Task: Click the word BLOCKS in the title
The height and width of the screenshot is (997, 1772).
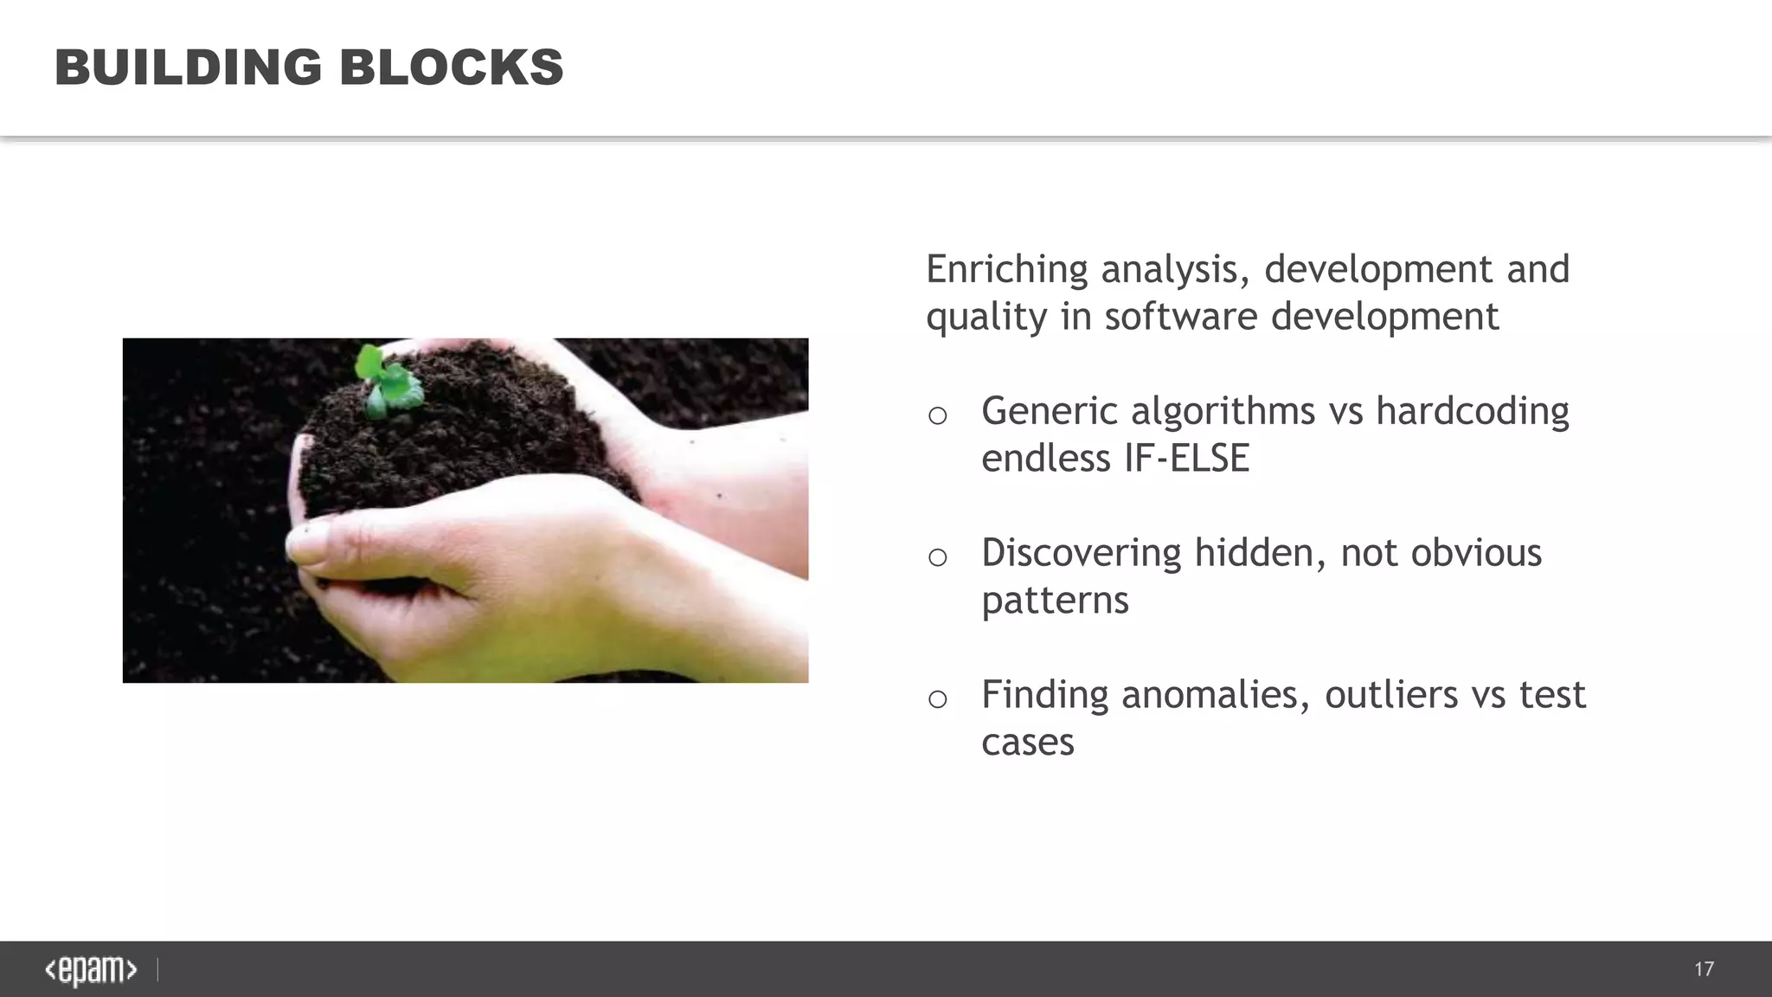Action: tap(451, 68)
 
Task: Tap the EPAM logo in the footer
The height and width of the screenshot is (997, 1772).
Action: tap(91, 970)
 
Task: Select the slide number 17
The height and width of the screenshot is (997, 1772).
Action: tap(1704, 969)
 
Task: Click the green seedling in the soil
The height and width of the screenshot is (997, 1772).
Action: tap(388, 382)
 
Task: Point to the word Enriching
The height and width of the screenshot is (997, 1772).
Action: tap(1006, 270)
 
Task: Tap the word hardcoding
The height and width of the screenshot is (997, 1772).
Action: tap(1472, 411)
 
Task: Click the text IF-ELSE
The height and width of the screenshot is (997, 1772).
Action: tap(1187, 459)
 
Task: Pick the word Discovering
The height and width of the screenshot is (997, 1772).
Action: tap(1081, 553)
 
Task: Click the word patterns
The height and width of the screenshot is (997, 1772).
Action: tap(1055, 601)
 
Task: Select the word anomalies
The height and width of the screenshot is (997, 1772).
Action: tap(1216, 695)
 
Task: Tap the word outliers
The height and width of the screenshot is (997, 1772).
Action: tap(1391, 695)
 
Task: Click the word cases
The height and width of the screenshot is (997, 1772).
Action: tap(1027, 743)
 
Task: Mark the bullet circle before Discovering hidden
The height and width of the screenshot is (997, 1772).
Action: tap(937, 557)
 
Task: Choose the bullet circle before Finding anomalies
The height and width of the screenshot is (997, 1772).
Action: tap(937, 699)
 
